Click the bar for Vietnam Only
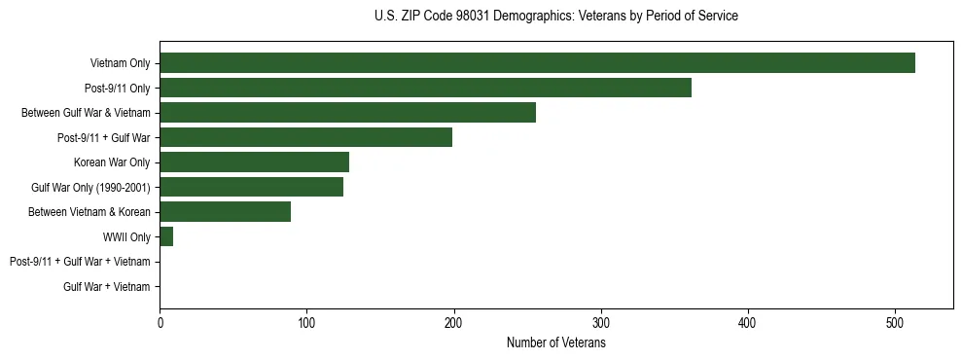(x=537, y=63)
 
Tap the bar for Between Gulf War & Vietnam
(x=347, y=113)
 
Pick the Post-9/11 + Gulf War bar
(x=305, y=137)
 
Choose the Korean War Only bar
(x=254, y=162)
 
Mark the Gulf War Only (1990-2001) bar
(x=251, y=187)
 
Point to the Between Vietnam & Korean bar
(x=225, y=212)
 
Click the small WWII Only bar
(x=166, y=236)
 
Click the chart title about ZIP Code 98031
(x=555, y=17)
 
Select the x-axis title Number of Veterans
(x=555, y=343)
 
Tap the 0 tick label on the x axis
(x=160, y=324)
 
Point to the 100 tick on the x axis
(x=306, y=324)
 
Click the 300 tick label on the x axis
(x=601, y=324)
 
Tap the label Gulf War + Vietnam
(x=107, y=287)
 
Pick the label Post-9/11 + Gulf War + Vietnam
(x=80, y=262)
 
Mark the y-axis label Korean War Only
(x=112, y=162)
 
